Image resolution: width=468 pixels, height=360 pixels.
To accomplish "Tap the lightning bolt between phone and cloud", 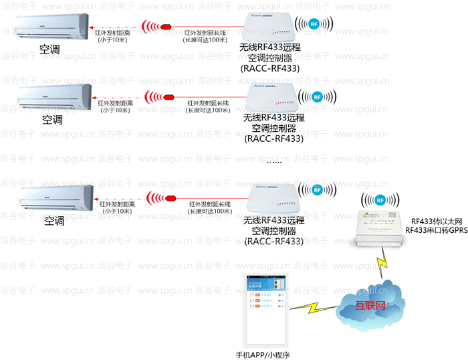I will tap(312, 309).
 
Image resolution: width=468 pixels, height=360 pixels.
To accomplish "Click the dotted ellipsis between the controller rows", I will tap(274, 163).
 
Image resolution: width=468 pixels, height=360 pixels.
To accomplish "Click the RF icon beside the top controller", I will tap(314, 24).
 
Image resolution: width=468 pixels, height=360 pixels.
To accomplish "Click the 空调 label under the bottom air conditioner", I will tap(54, 219).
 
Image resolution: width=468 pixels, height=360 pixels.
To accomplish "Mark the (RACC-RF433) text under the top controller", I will tap(269, 68).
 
